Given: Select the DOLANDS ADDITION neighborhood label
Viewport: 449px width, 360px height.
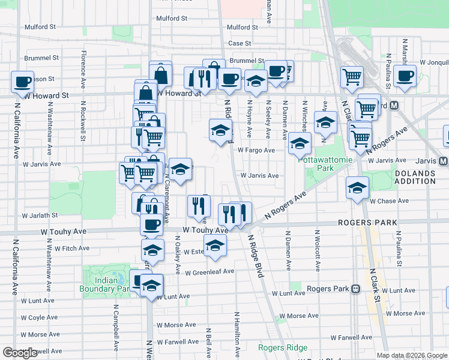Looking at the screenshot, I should coord(414,177).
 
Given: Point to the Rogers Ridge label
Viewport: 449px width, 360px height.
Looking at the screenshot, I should coord(283,348).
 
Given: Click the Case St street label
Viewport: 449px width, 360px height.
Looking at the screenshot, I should coord(239,43).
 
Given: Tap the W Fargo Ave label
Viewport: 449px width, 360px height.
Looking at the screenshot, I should coord(256,151).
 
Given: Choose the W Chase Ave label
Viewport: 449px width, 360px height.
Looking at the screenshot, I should coord(389,201).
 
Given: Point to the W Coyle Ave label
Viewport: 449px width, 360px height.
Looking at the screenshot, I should coord(40,317).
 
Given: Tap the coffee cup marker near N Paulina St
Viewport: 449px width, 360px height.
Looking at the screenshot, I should coord(405,76).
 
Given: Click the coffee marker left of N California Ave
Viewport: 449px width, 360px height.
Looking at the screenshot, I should coord(22,81).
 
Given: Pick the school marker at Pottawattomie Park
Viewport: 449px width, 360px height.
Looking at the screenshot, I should coord(300,142).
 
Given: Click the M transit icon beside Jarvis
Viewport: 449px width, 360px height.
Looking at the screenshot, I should coord(443,161).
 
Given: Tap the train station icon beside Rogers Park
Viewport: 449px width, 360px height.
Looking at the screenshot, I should coord(355,289).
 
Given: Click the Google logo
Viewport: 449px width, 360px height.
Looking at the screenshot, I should coord(20,353).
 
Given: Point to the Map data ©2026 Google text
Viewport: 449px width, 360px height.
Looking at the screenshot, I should coord(412,355).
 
